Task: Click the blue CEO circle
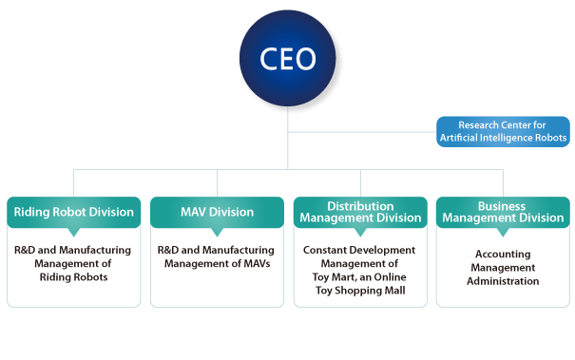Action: click(x=288, y=59)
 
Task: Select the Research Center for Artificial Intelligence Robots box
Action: click(x=503, y=131)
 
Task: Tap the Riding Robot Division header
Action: click(x=73, y=212)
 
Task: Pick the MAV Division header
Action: click(x=217, y=212)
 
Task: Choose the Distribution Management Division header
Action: click(x=360, y=212)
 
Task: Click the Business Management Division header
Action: click(x=503, y=212)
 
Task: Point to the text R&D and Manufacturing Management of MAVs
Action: click(x=217, y=256)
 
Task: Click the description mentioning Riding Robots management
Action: click(x=73, y=263)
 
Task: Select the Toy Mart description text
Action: click(x=360, y=270)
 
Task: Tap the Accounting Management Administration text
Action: click(x=503, y=268)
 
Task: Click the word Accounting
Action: click(x=503, y=255)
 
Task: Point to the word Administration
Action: click(x=503, y=281)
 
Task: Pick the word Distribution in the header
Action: click(x=360, y=206)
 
